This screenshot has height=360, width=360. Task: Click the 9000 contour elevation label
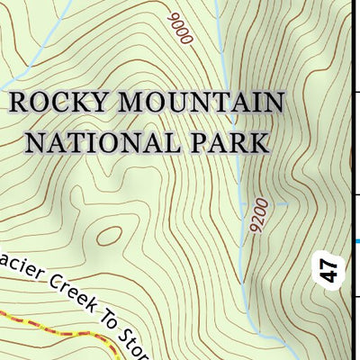tap(180, 30)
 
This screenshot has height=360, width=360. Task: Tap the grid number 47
tap(331, 269)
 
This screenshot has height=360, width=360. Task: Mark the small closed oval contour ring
tap(109, 236)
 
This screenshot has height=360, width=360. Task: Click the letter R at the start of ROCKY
tap(18, 103)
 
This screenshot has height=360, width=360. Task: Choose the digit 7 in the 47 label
tap(331, 263)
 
